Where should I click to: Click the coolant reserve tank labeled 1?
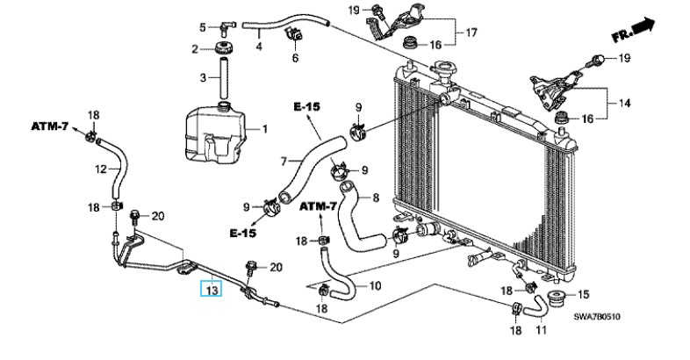pos(215,132)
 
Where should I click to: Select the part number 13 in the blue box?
pos(212,291)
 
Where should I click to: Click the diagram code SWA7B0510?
pos(597,316)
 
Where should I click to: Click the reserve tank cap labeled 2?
pos(224,47)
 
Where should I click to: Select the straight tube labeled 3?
pos(224,78)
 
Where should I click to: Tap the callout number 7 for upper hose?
pos(284,162)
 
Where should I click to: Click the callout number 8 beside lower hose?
pos(376,198)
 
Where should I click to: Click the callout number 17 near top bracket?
pos(471,32)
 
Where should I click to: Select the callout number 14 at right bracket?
pos(624,103)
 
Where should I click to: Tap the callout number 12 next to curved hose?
pos(101,169)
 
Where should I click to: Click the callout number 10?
pos(375,286)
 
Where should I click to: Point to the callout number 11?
pos(542,329)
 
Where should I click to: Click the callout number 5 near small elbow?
pos(203,28)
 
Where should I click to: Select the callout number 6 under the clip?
pos(295,58)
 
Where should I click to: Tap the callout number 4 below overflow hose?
pos(259,46)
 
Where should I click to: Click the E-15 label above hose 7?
pos(306,106)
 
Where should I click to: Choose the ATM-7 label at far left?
pos(50,126)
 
